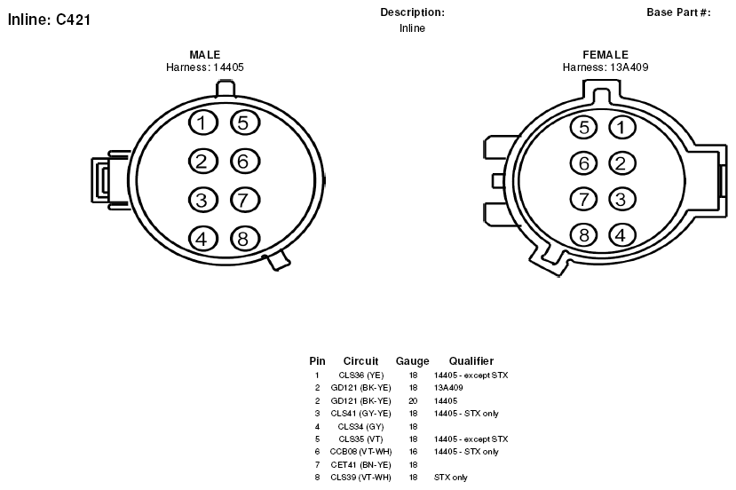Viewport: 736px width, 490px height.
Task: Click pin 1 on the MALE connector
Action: [203, 123]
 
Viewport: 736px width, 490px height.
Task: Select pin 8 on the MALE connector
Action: [245, 239]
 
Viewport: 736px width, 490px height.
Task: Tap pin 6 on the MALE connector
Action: [245, 162]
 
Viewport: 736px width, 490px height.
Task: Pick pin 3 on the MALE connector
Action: [203, 200]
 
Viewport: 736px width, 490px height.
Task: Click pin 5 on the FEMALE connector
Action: [583, 127]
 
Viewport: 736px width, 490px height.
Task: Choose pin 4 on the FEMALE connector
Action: [622, 235]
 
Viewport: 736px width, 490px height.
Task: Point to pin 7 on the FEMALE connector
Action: [583, 199]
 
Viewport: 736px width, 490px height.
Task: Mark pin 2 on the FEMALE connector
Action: [622, 163]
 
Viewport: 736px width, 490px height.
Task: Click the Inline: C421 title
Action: [50, 20]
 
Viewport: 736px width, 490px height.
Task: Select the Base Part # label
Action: [678, 12]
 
